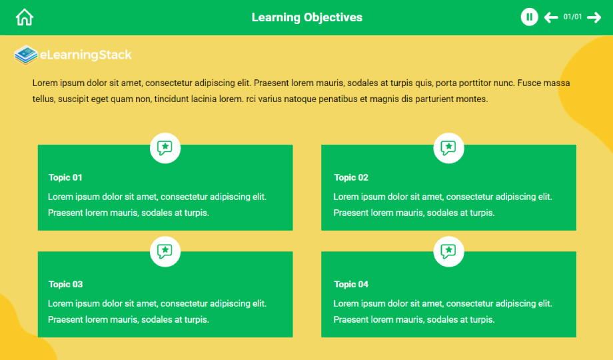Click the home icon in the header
[x=24, y=17]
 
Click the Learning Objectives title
[x=307, y=17]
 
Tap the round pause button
[x=529, y=17]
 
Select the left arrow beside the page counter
[x=551, y=17]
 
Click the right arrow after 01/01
[x=594, y=17]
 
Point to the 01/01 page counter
[x=572, y=17]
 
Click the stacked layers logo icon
[x=26, y=55]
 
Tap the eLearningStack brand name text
[x=85, y=55]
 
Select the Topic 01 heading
[x=65, y=177]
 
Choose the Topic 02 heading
[x=351, y=177]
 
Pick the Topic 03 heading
[x=66, y=284]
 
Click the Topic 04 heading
[x=351, y=284]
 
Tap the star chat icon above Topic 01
[x=165, y=148]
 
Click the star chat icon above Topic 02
[x=449, y=148]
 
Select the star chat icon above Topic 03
[x=165, y=251]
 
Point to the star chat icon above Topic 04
[x=449, y=251]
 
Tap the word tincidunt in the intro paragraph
[x=171, y=99]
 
